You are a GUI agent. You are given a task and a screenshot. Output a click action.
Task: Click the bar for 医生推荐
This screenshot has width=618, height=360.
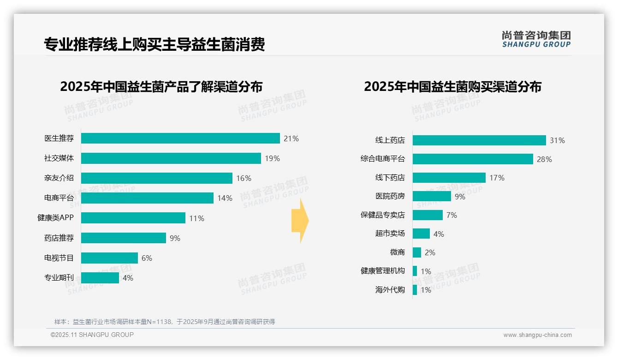pyautogui.click(x=180, y=138)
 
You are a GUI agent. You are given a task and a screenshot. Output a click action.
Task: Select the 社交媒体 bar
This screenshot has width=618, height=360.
pyautogui.click(x=171, y=158)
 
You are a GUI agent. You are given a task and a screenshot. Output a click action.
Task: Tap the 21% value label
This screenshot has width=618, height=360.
pyautogui.click(x=291, y=138)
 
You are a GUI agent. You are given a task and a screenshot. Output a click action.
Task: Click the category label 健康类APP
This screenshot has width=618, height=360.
pyautogui.click(x=55, y=218)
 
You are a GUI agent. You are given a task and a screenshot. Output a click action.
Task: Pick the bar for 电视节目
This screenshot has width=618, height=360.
pyautogui.click(x=110, y=258)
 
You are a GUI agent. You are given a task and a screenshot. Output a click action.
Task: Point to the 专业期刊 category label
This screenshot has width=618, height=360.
pyautogui.click(x=59, y=278)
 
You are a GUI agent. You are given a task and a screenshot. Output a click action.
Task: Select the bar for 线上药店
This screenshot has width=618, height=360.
pyautogui.click(x=479, y=140)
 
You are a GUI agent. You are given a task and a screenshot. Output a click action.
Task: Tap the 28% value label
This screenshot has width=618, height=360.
pyautogui.click(x=544, y=159)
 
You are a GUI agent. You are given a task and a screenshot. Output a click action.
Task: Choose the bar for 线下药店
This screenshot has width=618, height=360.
pyautogui.click(x=449, y=178)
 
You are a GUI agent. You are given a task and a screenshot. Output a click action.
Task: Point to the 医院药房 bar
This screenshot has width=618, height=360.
pyautogui.click(x=432, y=196)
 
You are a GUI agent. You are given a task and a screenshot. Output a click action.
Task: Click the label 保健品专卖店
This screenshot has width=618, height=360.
pyautogui.click(x=382, y=215)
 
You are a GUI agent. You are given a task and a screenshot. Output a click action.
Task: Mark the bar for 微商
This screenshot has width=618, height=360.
pyautogui.click(x=417, y=252)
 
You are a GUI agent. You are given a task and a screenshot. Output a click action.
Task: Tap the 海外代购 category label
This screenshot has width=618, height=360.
pyautogui.click(x=390, y=290)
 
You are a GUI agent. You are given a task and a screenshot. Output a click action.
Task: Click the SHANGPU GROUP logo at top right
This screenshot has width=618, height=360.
pyautogui.click(x=536, y=39)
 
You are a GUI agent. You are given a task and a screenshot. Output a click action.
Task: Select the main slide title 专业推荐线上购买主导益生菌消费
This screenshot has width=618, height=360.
pyautogui.click(x=154, y=44)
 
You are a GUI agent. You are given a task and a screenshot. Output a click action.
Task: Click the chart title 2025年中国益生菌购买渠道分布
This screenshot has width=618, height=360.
pyautogui.click(x=452, y=87)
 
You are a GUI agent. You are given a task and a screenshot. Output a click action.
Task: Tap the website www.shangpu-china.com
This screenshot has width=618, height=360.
pyautogui.click(x=537, y=335)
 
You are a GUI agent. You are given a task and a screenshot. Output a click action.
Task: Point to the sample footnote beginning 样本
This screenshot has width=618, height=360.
pyautogui.click(x=164, y=322)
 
